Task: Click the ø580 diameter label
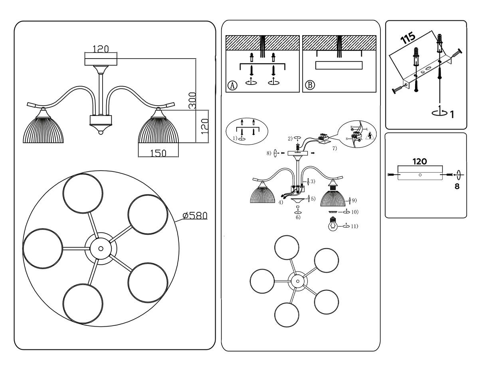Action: pos(195,216)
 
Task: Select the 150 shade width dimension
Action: pos(158,154)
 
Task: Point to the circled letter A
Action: pos(232,85)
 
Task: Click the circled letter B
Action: pos(310,85)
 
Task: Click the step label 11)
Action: pos(354,226)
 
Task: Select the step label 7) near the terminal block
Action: pos(334,148)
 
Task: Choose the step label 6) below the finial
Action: pos(298,217)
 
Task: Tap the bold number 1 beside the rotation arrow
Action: pos(452,115)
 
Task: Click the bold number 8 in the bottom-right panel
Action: pos(457,186)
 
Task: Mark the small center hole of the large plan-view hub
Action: pos(100,248)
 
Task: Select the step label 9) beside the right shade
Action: pos(354,199)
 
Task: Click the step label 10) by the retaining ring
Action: pos(354,212)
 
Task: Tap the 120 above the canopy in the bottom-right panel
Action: pos(420,161)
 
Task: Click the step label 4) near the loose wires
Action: pos(281,203)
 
